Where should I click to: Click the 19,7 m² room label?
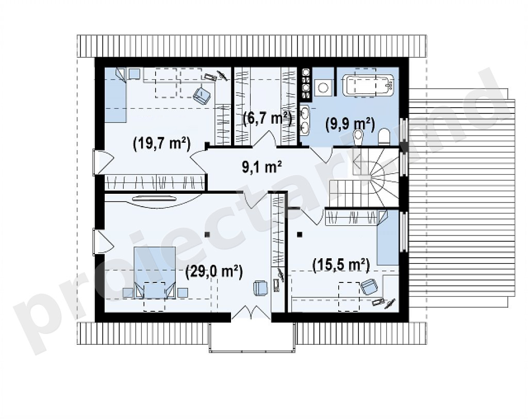click(x=162, y=144)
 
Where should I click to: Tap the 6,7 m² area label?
click(x=267, y=119)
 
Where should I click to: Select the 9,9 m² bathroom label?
click(x=350, y=124)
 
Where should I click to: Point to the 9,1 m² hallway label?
click(x=262, y=166)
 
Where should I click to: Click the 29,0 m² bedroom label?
click(x=214, y=272)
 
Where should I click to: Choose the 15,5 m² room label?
click(x=341, y=265)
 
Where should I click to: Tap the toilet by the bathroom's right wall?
click(x=384, y=137)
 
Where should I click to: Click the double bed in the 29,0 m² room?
click(x=155, y=272)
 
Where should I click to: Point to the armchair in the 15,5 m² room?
click(x=369, y=287)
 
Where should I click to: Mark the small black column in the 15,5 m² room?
click(x=300, y=234)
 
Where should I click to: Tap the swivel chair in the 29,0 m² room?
click(x=260, y=288)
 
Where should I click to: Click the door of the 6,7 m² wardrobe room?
click(x=265, y=140)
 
